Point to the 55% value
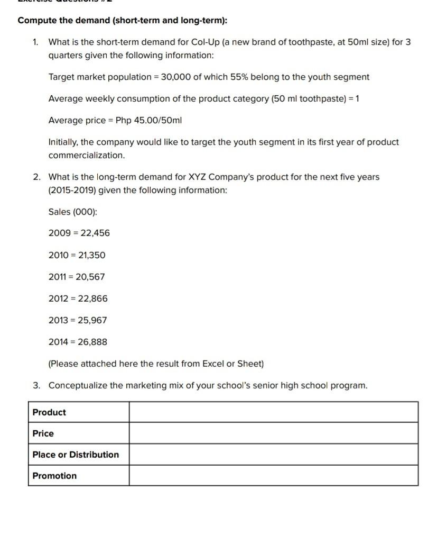click(239, 77)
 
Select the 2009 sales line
click(79, 233)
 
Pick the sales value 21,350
click(91, 255)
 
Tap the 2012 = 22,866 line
click(78, 298)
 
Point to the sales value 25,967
click(92, 320)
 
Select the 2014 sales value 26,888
click(92, 342)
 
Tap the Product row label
click(49, 412)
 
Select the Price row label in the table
click(43, 433)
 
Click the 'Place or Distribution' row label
click(76, 455)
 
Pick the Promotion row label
click(54, 476)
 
